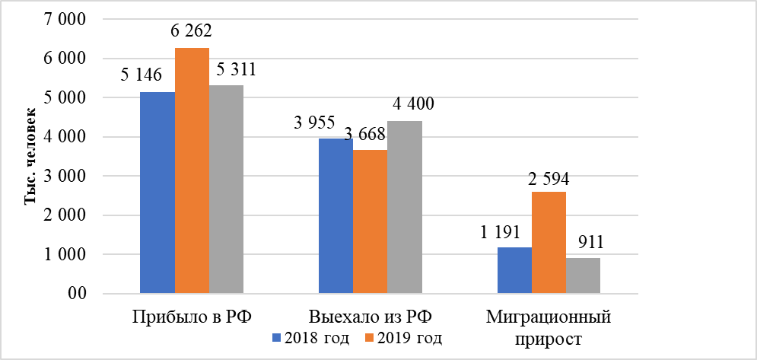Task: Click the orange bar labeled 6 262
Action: click(x=192, y=170)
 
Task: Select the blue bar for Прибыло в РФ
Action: click(x=157, y=193)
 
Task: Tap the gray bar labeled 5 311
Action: click(x=227, y=190)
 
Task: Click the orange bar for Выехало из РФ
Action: click(x=370, y=221)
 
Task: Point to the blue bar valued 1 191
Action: click(x=514, y=270)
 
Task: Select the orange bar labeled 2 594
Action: click(x=549, y=243)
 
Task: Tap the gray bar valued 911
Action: click(x=583, y=276)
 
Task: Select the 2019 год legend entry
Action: click(x=404, y=336)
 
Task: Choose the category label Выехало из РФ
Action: click(x=370, y=316)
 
